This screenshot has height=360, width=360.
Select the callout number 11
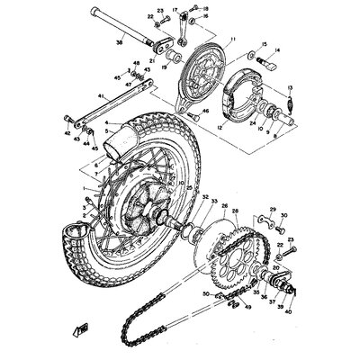232,40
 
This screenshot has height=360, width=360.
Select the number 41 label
102,96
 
